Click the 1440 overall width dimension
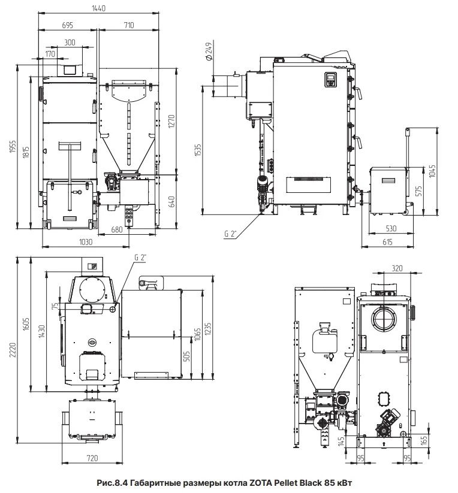pyautogui.click(x=99, y=8)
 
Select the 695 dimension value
pyautogui.click(x=67, y=25)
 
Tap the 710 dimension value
pyautogui.click(x=129, y=25)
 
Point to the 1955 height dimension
pyautogui.click(x=13, y=147)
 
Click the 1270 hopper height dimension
pyautogui.click(x=171, y=122)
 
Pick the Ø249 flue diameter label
pyautogui.click(x=209, y=51)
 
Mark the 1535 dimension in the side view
pyautogui.click(x=198, y=151)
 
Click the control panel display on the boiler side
pyautogui.click(x=330, y=79)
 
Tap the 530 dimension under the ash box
pyautogui.click(x=391, y=229)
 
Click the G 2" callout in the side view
pyautogui.click(x=230, y=234)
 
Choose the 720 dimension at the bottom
pyautogui.click(x=92, y=458)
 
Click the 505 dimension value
pyautogui.click(x=186, y=356)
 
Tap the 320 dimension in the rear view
pyautogui.click(x=397, y=268)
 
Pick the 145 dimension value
pyautogui.click(x=341, y=441)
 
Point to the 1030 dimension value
pyautogui.click(x=86, y=242)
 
